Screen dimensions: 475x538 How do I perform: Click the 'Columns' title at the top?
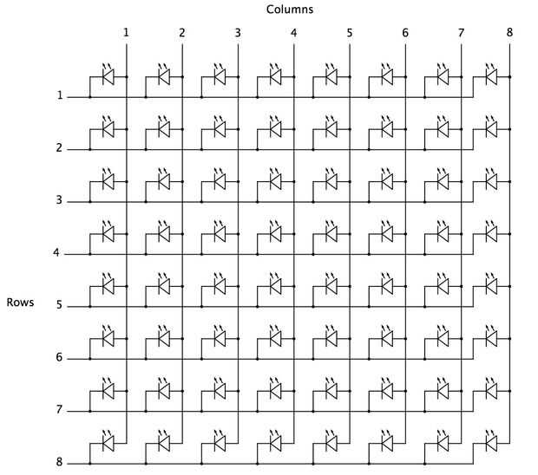coord(290,10)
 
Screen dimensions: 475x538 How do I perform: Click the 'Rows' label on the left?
coord(20,303)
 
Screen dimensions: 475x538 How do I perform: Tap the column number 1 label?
coord(127,33)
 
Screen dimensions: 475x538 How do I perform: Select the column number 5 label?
coord(350,33)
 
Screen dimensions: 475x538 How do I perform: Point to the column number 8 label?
coord(510,33)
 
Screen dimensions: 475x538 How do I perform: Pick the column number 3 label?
coord(238,33)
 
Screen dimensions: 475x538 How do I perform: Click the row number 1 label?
coord(59,95)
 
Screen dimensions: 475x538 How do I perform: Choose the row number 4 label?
coord(56,253)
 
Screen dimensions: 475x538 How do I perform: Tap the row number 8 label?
coord(59,462)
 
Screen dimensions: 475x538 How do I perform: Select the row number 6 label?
coord(59,357)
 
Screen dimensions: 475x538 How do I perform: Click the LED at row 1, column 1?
coord(108,77)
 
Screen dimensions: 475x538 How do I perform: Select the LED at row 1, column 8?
coord(491,77)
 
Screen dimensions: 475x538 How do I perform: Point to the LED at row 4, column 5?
coord(331,233)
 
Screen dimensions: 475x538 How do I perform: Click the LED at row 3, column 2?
coord(164,181)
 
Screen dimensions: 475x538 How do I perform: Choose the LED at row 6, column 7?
coord(443,338)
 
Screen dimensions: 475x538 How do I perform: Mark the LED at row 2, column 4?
coord(275,129)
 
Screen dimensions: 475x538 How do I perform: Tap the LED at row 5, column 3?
coord(220,285)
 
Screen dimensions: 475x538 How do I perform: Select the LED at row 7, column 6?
coord(386,390)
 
